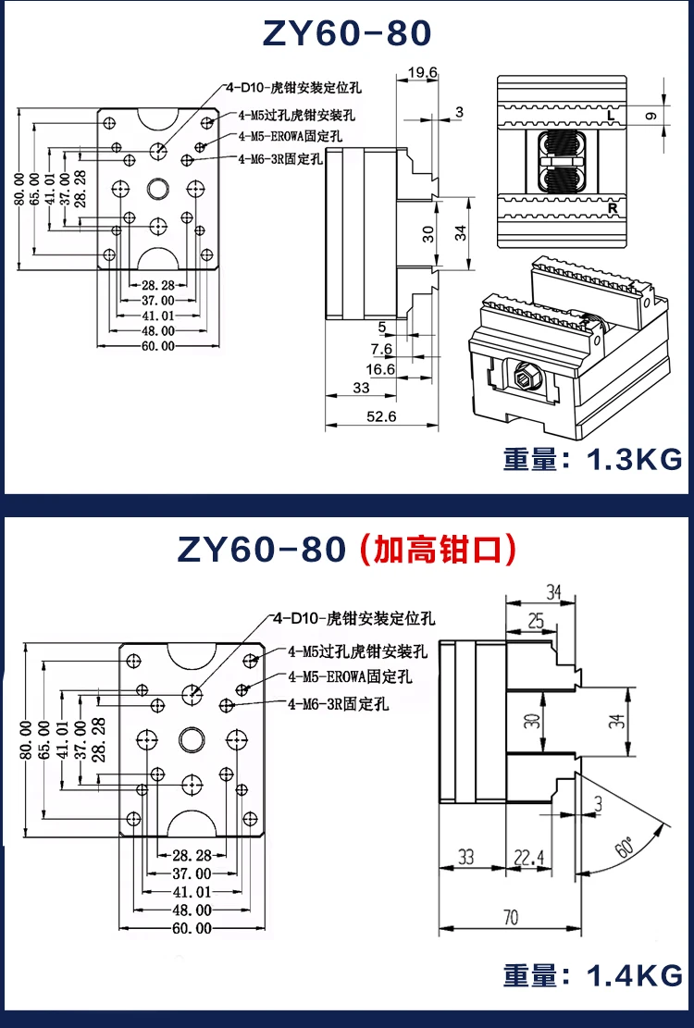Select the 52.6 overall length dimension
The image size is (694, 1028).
[380, 416]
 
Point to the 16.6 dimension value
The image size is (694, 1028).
[380, 369]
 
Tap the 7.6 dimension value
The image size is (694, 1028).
[381, 348]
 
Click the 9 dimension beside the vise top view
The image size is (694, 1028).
[651, 116]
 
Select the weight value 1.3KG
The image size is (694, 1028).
[635, 459]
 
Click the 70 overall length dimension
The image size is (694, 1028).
[509, 918]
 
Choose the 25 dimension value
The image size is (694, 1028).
[535, 621]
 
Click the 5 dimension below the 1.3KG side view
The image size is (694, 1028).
[381, 327]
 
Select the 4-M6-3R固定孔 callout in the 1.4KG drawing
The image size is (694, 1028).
[338, 704]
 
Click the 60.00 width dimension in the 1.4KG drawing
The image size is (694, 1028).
[192, 928]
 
